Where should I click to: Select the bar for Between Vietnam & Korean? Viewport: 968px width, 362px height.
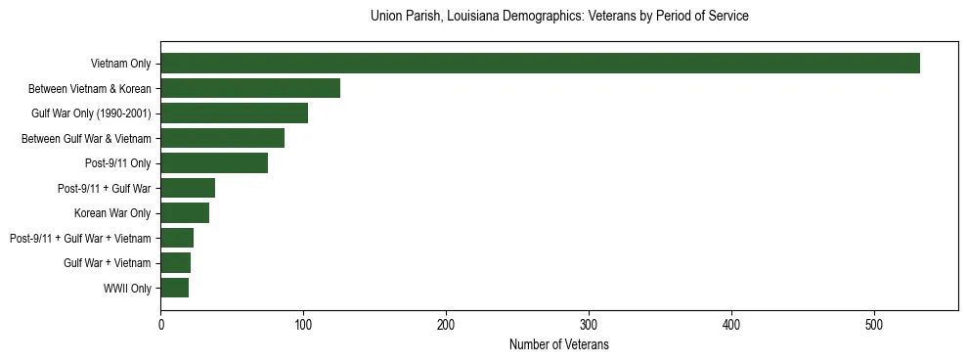[250, 88]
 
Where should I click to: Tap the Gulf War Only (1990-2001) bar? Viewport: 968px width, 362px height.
[234, 113]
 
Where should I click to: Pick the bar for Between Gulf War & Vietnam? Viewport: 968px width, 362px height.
[222, 138]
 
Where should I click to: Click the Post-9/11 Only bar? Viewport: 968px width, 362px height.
[214, 163]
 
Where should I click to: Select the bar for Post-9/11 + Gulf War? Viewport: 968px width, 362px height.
[188, 188]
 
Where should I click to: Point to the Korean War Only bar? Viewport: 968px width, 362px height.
[185, 213]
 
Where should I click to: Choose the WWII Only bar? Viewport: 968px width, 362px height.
[174, 288]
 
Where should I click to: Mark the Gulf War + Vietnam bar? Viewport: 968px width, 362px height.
[175, 263]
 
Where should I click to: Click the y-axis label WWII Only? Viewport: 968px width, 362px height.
[127, 288]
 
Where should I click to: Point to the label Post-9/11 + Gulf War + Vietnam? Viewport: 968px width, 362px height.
[80, 238]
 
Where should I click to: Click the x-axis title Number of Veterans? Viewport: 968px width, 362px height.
[558, 344]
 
